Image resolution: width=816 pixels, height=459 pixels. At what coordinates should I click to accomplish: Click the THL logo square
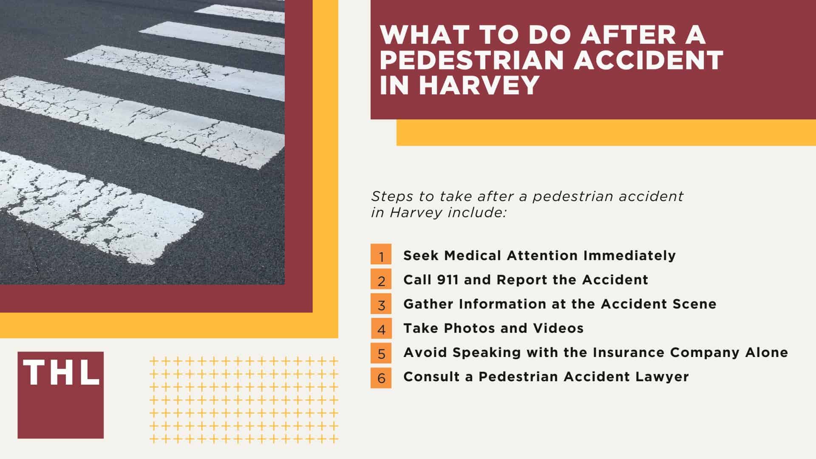(x=60, y=395)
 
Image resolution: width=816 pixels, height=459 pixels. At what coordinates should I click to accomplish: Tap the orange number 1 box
(x=381, y=255)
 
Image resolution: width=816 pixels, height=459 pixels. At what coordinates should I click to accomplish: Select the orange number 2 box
(x=381, y=280)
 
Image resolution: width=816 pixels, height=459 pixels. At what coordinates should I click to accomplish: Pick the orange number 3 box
(x=381, y=304)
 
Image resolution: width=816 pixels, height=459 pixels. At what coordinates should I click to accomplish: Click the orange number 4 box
(x=381, y=328)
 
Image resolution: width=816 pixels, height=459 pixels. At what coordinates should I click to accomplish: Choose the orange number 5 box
(x=381, y=352)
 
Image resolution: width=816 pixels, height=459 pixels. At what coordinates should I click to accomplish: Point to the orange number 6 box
(x=381, y=377)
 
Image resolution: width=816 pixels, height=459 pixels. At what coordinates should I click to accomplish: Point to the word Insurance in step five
(x=629, y=352)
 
